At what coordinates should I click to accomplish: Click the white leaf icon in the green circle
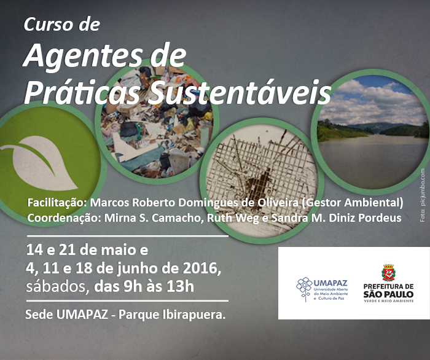coord(39,163)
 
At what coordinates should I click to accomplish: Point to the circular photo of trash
coord(157,122)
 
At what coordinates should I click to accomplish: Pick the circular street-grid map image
coord(262,181)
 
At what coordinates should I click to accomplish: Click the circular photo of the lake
coord(372,132)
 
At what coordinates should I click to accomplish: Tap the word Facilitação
coord(57,203)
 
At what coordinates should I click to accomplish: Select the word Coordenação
coord(64,218)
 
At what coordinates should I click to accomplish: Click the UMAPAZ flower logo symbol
coord(304,289)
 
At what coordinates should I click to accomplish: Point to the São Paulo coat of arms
coord(388,273)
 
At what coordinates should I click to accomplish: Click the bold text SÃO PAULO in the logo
coord(388,294)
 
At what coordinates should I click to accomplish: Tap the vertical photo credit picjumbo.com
coord(423,187)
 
